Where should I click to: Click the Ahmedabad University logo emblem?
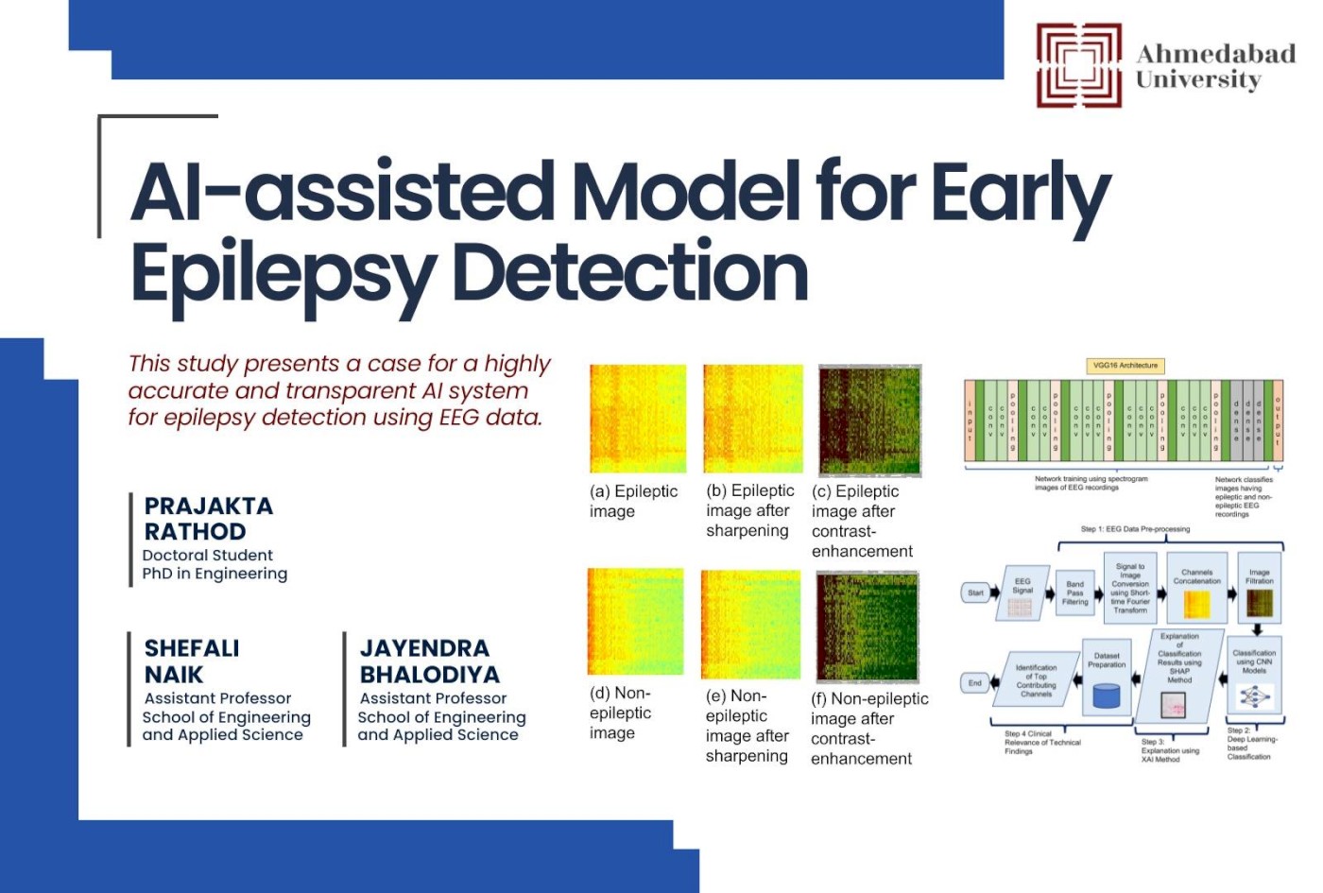click(x=1078, y=65)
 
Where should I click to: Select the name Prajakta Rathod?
click(x=208, y=519)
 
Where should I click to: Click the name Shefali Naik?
click(x=192, y=661)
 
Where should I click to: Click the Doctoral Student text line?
click(x=207, y=556)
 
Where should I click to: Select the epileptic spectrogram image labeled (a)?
click(x=638, y=419)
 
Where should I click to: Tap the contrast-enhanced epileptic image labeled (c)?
click(x=869, y=421)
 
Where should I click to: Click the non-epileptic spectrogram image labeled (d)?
click(x=635, y=621)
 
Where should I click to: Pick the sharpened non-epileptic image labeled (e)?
click(x=750, y=624)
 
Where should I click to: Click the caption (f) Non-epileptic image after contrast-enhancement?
click(x=868, y=729)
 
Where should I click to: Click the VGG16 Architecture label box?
click(x=1125, y=366)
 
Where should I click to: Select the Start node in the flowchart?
click(x=975, y=593)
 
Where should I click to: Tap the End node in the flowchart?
click(x=974, y=682)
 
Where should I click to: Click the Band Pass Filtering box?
click(x=1074, y=592)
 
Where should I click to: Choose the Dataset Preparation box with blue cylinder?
click(x=1106, y=679)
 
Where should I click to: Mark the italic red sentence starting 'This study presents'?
click(x=338, y=390)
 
